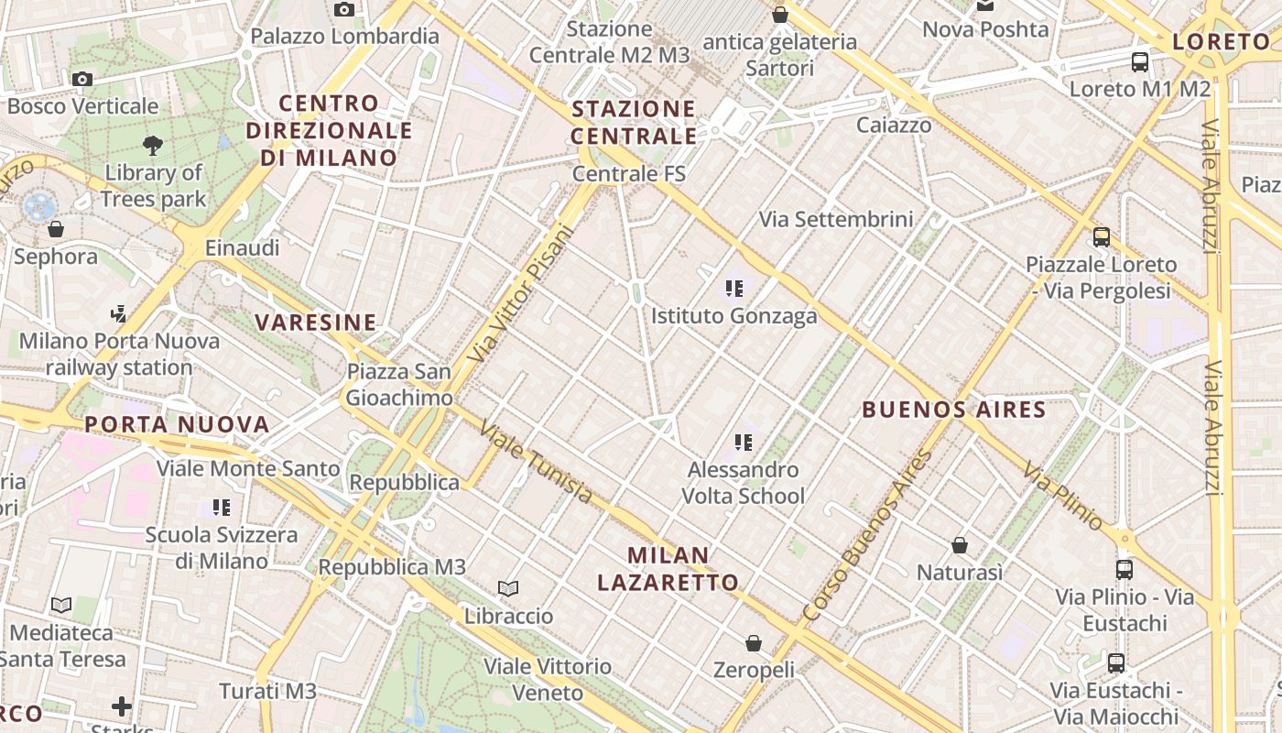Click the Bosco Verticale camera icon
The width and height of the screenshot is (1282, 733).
point(82,80)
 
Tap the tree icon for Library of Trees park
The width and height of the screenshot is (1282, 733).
point(153,145)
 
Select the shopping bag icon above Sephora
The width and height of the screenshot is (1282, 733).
point(56,229)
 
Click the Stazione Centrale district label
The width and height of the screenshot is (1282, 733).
point(634,123)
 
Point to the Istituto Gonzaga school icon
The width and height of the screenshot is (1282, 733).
point(733,290)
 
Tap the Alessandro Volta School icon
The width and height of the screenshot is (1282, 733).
point(744,443)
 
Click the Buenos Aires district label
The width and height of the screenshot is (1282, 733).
point(953,410)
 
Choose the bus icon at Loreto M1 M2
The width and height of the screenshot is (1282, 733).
point(1140,62)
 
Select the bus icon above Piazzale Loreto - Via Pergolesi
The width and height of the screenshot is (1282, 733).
point(1102,237)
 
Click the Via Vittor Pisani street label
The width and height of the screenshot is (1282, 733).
point(519,293)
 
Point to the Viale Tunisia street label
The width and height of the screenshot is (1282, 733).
point(536,462)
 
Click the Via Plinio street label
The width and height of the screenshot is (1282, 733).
point(1062,496)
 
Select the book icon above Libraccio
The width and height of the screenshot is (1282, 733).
point(508,588)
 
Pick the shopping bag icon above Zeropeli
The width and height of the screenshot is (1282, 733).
point(754,643)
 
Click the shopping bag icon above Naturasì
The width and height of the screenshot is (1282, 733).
point(960,545)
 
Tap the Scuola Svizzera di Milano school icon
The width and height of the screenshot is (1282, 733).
point(221,507)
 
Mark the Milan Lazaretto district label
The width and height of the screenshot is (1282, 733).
point(668,568)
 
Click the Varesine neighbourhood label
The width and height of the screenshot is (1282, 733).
point(316,323)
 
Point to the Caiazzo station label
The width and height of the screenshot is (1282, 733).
point(894,125)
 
